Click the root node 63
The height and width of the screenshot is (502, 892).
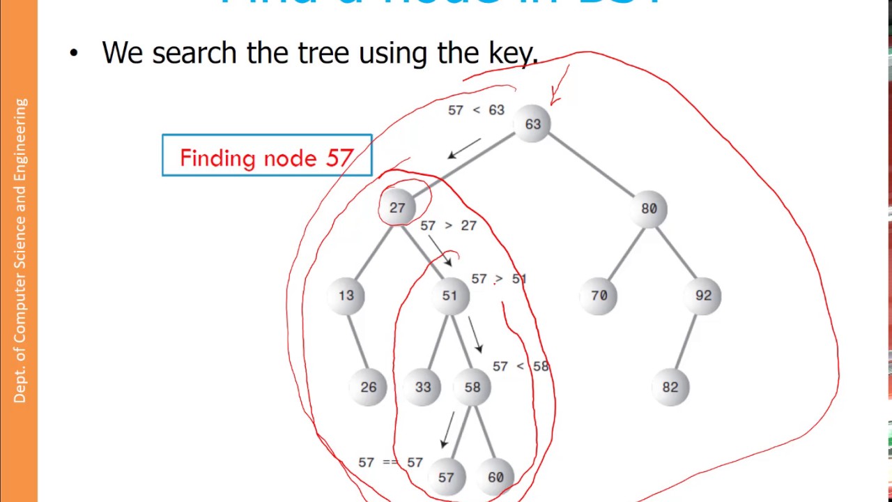[533, 124]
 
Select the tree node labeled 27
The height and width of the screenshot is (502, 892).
[397, 208]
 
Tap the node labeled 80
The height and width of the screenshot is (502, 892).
[649, 208]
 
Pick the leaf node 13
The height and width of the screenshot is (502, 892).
[346, 296]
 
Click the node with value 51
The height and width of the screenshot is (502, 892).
[449, 296]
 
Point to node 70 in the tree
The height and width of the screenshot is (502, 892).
[599, 296]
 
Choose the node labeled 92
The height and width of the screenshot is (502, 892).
[703, 296]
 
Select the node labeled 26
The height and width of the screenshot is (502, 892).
[369, 387]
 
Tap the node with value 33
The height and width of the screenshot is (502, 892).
[423, 387]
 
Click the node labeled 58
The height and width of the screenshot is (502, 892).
[472, 387]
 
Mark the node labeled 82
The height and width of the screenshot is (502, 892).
[670, 387]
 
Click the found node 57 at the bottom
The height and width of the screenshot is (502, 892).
[446, 478]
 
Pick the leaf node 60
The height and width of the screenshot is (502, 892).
[495, 478]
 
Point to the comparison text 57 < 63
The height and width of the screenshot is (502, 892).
[476, 110]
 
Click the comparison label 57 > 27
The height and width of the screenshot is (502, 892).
[448, 226]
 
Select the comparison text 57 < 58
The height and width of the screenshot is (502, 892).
[521, 366]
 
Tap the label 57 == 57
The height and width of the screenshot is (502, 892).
[390, 462]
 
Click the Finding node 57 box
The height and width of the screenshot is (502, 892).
[267, 155]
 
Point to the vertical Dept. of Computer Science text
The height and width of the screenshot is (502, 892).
[20, 250]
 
